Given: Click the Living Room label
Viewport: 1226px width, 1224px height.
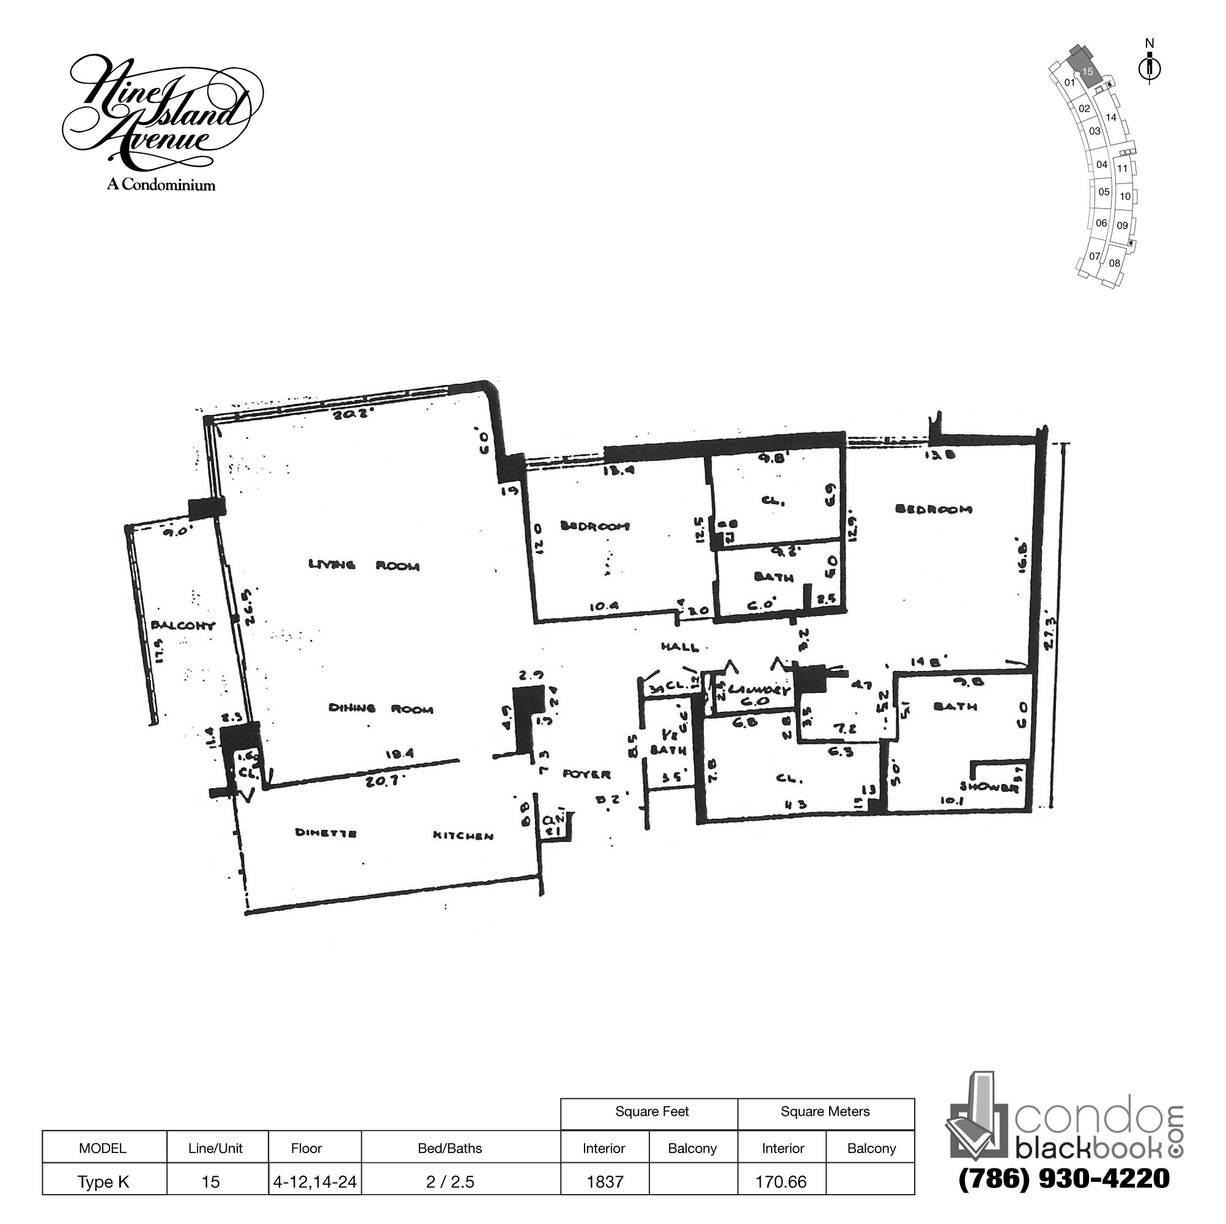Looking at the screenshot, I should pos(364,565).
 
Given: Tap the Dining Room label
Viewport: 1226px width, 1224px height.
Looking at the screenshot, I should pos(381,708).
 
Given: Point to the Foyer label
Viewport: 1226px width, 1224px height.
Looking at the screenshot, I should pos(586,774).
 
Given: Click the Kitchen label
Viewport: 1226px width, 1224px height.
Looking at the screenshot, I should pos(463,836).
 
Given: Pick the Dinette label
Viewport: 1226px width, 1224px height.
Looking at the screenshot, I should pos(325,833).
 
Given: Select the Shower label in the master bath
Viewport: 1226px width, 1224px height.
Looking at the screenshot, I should pos(989,788).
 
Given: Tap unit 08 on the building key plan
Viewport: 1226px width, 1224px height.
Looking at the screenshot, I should pos(1114,263).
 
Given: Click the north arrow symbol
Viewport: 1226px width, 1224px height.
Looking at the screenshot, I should pos(1149,67).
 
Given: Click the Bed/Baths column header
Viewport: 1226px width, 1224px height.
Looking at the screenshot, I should pos(450,1148).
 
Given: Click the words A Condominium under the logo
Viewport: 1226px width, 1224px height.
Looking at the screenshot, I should pos(161,185).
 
